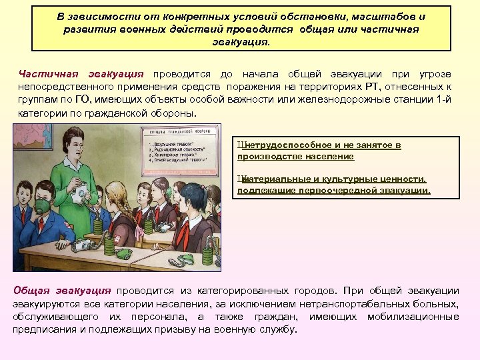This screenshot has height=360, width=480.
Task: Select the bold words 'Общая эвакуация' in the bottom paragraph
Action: (x=63, y=291)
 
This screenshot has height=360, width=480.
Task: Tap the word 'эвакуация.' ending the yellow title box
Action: (x=241, y=41)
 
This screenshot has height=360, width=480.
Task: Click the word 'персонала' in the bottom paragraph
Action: (x=159, y=316)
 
